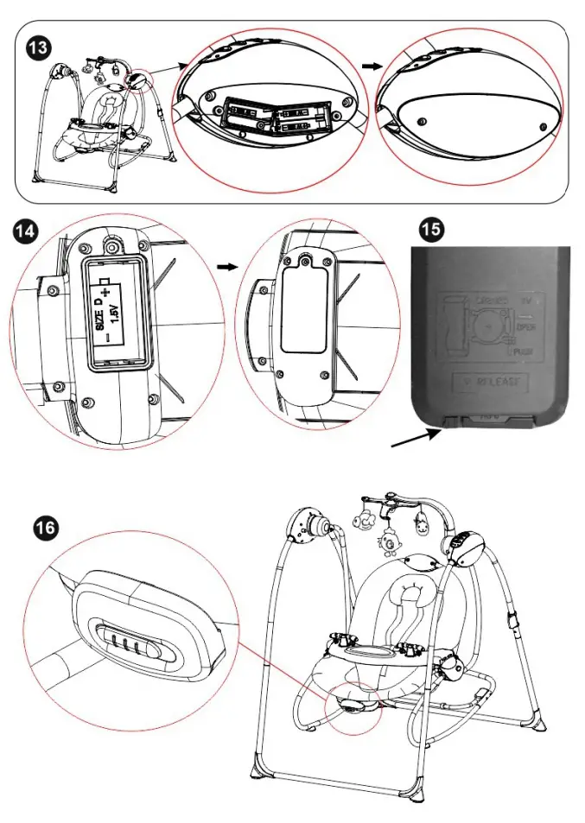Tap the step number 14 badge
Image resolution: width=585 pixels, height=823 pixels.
click(x=26, y=231)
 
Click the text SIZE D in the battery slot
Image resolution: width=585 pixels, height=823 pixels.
click(x=99, y=312)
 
